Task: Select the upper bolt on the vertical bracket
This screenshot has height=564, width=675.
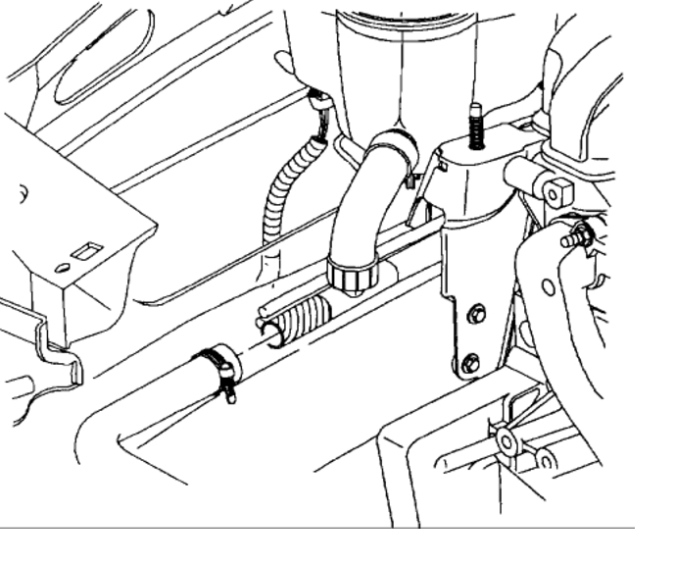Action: tap(476, 315)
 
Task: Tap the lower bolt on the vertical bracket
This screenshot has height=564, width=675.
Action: tap(470, 360)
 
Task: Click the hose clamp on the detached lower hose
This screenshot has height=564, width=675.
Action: tap(217, 366)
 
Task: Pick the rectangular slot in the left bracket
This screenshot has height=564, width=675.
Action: tap(87, 250)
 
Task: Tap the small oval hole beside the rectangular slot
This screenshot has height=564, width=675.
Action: tap(63, 267)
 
